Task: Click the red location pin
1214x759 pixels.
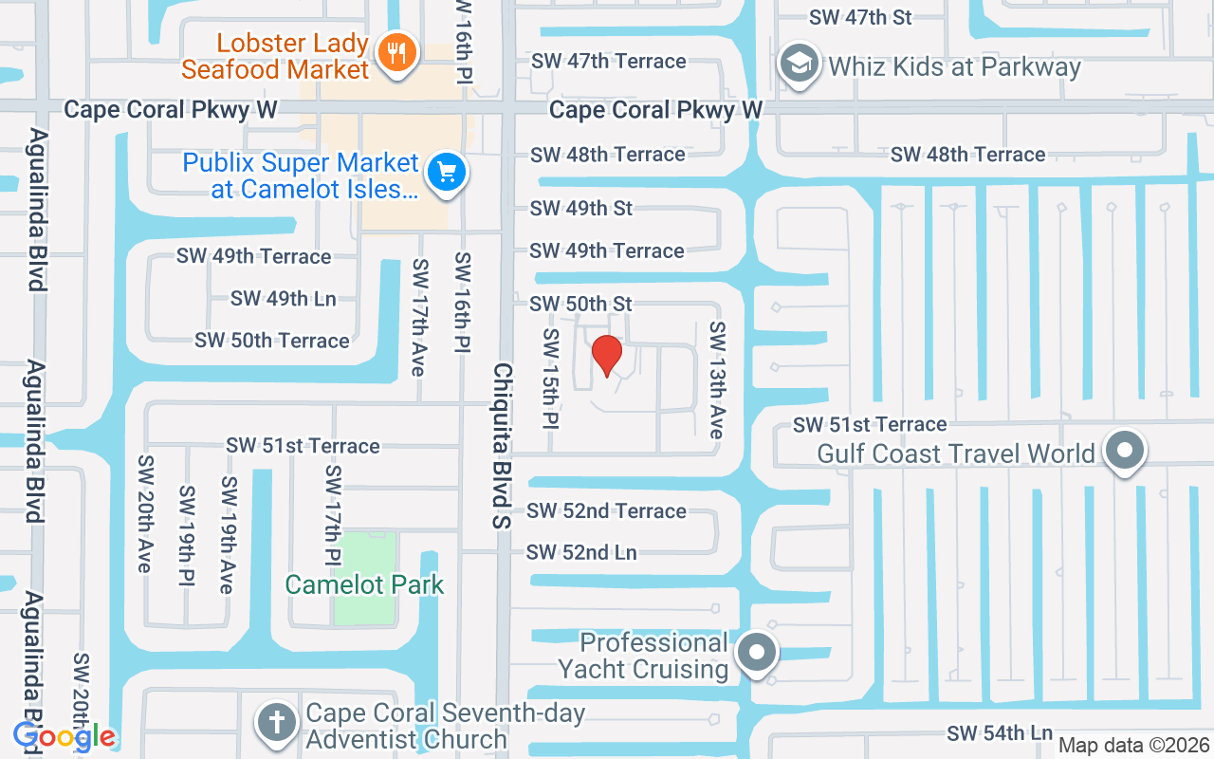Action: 607,355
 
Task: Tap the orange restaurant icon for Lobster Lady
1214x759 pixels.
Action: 397,51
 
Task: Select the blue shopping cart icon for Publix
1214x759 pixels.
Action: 447,174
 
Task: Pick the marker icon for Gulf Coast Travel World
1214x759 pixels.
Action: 1125,452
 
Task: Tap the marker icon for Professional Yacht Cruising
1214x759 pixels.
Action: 757,653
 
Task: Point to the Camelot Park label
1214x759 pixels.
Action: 364,584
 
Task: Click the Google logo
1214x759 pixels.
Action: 64,736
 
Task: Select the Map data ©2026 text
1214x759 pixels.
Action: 1133,745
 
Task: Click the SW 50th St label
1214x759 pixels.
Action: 580,304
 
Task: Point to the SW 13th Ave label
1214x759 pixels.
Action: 717,380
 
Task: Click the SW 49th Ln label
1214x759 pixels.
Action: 283,299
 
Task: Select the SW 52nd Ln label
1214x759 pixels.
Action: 581,552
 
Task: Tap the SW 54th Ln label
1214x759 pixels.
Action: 1000,733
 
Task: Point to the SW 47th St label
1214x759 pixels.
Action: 860,17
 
